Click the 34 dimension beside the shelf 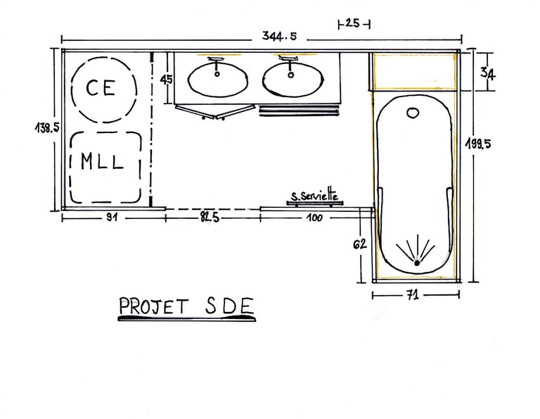[x=486, y=73]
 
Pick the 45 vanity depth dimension [x=167, y=80]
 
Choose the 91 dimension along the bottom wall [x=111, y=218]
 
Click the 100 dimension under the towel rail [x=314, y=218]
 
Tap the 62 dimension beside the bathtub [x=360, y=244]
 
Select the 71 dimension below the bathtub [x=413, y=296]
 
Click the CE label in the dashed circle [x=101, y=88]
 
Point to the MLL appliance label [x=102, y=162]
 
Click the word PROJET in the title [x=154, y=306]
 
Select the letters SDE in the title [x=229, y=306]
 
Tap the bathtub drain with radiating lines [x=417, y=262]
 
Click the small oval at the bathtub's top [x=412, y=112]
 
